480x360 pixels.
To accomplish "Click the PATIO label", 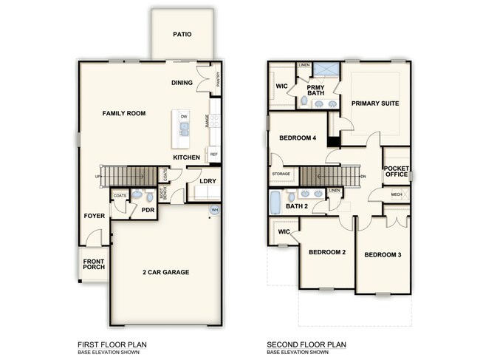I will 182,34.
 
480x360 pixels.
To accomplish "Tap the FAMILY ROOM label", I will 123,113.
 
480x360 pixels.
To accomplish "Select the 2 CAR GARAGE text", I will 165,273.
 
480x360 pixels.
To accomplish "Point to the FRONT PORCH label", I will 93,265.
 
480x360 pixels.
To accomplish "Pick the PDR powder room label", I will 147,211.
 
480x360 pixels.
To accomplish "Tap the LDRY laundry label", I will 207,181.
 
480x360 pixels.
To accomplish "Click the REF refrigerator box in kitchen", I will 214,154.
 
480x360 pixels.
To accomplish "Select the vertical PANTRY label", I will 219,81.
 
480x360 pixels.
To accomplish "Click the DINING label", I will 182,83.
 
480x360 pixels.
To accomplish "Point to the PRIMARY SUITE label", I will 374,103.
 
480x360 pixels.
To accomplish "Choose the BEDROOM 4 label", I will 298,138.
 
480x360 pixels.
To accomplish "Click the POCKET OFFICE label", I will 396,171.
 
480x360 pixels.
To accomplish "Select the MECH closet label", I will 397,195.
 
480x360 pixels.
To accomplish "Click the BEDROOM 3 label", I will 382,255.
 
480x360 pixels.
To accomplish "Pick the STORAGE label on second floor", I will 281,175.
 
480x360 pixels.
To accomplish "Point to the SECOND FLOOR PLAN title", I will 307,344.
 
